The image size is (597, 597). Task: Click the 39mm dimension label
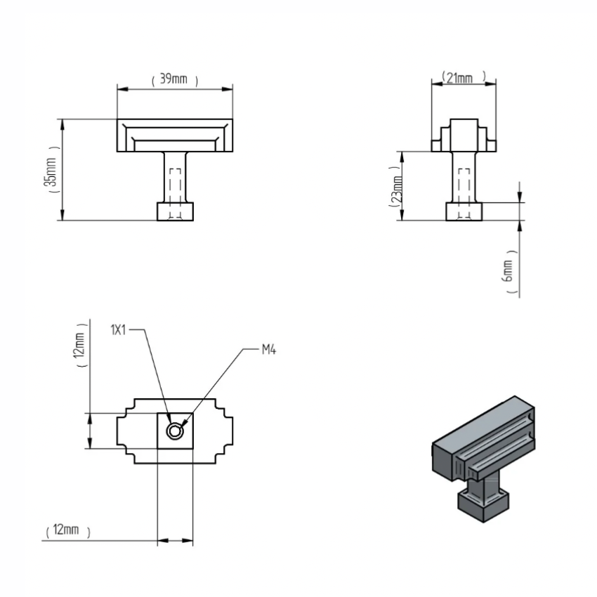175,79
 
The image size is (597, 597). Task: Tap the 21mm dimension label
464,77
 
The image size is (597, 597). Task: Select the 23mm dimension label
395,188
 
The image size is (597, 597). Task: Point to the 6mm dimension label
509,271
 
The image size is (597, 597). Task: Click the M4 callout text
269,349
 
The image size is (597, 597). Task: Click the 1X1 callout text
118,329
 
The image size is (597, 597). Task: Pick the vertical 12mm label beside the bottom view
80,345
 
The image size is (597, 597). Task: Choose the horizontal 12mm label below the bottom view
67,530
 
